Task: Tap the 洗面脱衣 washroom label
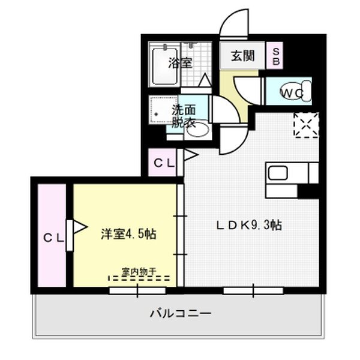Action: [x=184, y=116]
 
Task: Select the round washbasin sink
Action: [x=197, y=128]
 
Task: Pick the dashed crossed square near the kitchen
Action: [x=306, y=124]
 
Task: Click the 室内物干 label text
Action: [x=139, y=271]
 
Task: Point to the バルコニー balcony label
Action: [x=180, y=313]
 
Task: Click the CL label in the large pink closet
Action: [x=53, y=238]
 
